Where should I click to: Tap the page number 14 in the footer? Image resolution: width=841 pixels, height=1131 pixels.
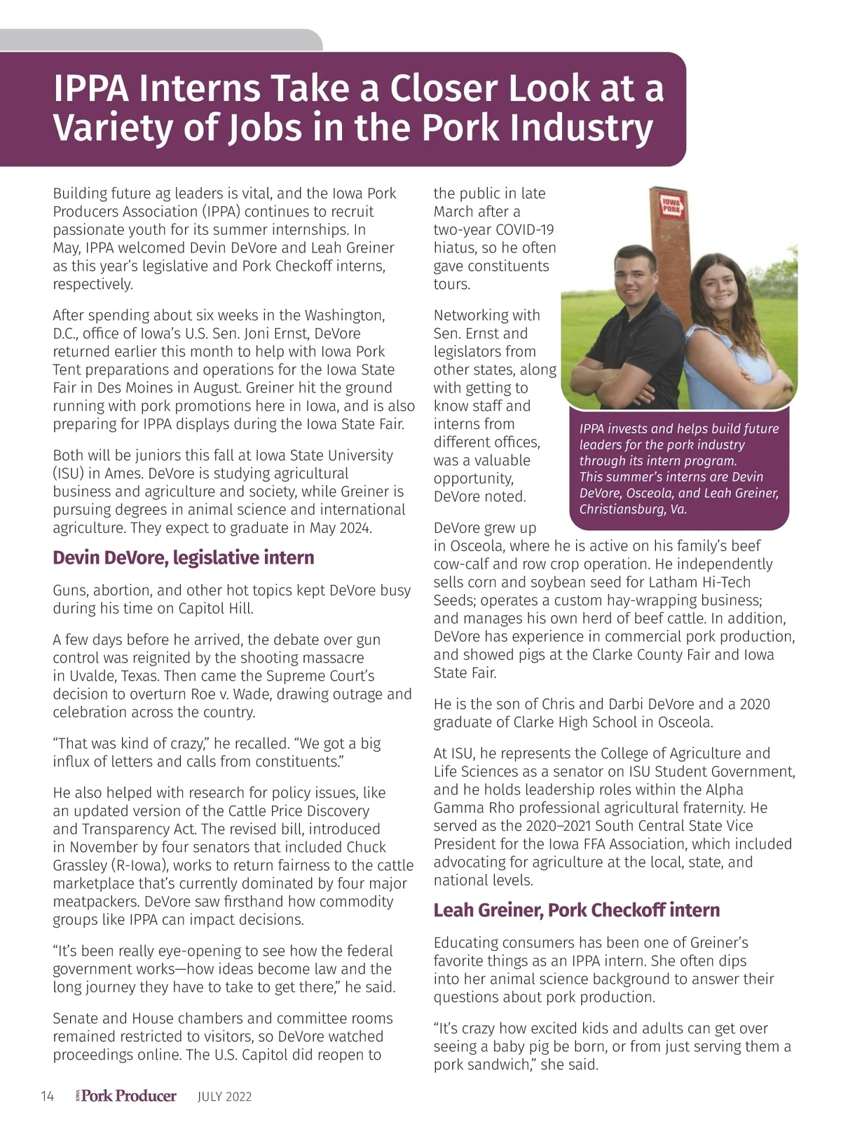[47, 1097]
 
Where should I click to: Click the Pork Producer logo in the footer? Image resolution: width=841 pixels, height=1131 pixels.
[127, 1096]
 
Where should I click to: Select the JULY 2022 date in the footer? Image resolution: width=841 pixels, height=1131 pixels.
[224, 1097]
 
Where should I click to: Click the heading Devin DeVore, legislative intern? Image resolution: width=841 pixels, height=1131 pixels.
[184, 558]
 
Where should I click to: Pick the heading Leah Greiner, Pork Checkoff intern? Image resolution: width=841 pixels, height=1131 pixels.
[577, 910]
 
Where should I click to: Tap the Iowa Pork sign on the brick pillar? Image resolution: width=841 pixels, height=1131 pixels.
[671, 205]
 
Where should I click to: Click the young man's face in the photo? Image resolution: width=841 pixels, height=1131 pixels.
[634, 277]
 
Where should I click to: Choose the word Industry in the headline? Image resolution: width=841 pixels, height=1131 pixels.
[581, 128]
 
